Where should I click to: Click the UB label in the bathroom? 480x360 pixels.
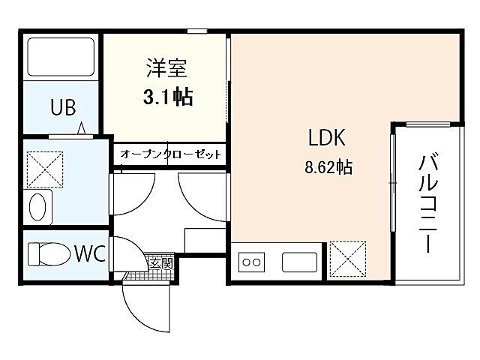63,107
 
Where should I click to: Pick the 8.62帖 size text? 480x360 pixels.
328,167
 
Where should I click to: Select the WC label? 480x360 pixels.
89,253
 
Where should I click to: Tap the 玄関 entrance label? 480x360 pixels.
161,263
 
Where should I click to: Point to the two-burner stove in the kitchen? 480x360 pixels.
252,263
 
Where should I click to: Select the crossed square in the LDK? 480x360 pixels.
346,259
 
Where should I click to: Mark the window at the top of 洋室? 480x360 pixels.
196,31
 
